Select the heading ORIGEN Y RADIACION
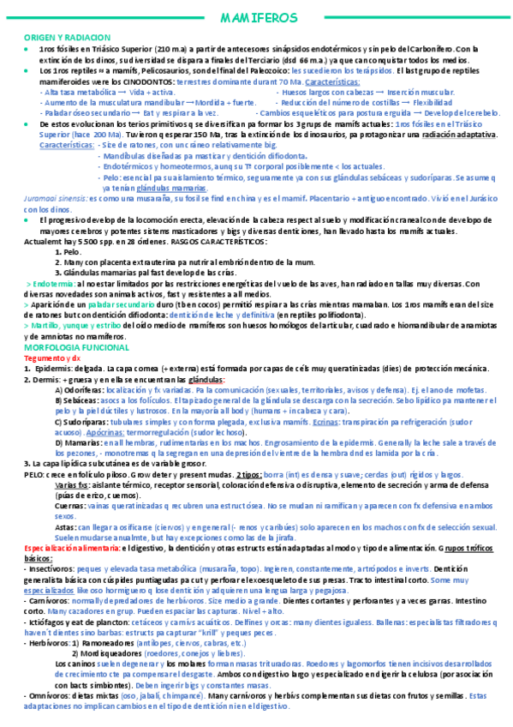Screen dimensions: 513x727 point(67,39)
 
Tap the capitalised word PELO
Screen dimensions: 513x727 point(34,474)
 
